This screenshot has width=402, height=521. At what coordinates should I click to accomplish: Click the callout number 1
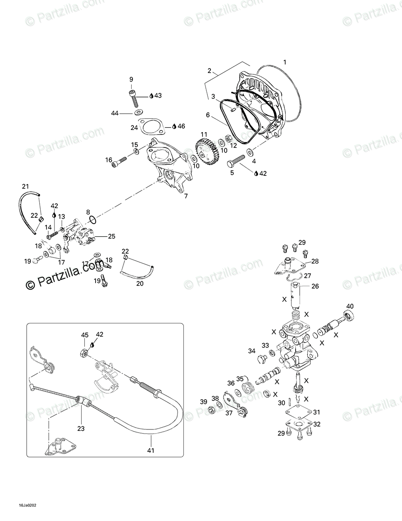(x=284, y=62)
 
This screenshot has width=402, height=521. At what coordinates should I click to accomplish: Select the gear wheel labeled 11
(x=207, y=151)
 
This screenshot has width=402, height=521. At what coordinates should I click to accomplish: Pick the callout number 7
(x=186, y=196)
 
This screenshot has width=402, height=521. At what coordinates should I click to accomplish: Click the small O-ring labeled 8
(x=92, y=220)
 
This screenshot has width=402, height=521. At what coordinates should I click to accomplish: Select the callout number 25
(x=111, y=236)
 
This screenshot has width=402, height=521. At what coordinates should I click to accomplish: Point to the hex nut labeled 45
(x=83, y=352)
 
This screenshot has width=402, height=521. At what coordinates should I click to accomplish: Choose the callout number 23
(x=81, y=429)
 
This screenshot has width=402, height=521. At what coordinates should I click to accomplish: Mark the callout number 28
(x=315, y=261)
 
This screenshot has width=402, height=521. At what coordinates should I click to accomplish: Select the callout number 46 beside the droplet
(x=181, y=126)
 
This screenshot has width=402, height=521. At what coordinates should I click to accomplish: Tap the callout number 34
(x=251, y=350)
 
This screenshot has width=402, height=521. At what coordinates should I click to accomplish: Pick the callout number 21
(x=25, y=187)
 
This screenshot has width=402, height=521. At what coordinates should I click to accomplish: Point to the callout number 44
(x=115, y=113)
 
